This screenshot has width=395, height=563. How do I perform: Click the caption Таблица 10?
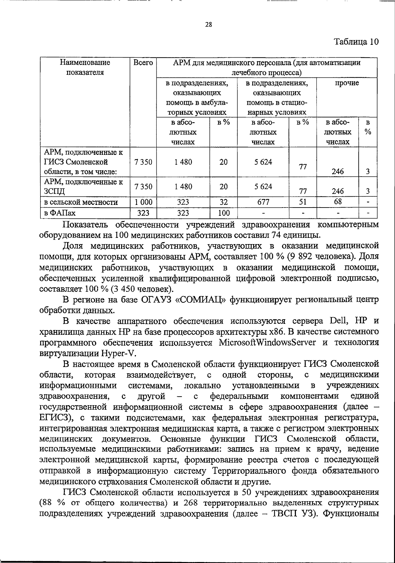(x=356, y=42)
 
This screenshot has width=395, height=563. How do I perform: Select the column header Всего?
(x=144, y=63)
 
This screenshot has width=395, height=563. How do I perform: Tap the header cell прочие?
(x=347, y=83)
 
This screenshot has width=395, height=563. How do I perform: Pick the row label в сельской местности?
(x=81, y=202)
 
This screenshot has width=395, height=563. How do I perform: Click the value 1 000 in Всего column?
(x=144, y=202)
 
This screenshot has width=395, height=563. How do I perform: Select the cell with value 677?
(x=263, y=201)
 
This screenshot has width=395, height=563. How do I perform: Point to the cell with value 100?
(x=224, y=213)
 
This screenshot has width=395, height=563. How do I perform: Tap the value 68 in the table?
(x=338, y=201)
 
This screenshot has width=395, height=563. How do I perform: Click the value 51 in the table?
(x=303, y=202)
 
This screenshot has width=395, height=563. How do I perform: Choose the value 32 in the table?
(x=224, y=202)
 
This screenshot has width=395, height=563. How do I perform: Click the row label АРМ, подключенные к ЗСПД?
(x=84, y=186)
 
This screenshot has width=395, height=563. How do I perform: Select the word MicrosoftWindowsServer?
(x=267, y=343)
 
